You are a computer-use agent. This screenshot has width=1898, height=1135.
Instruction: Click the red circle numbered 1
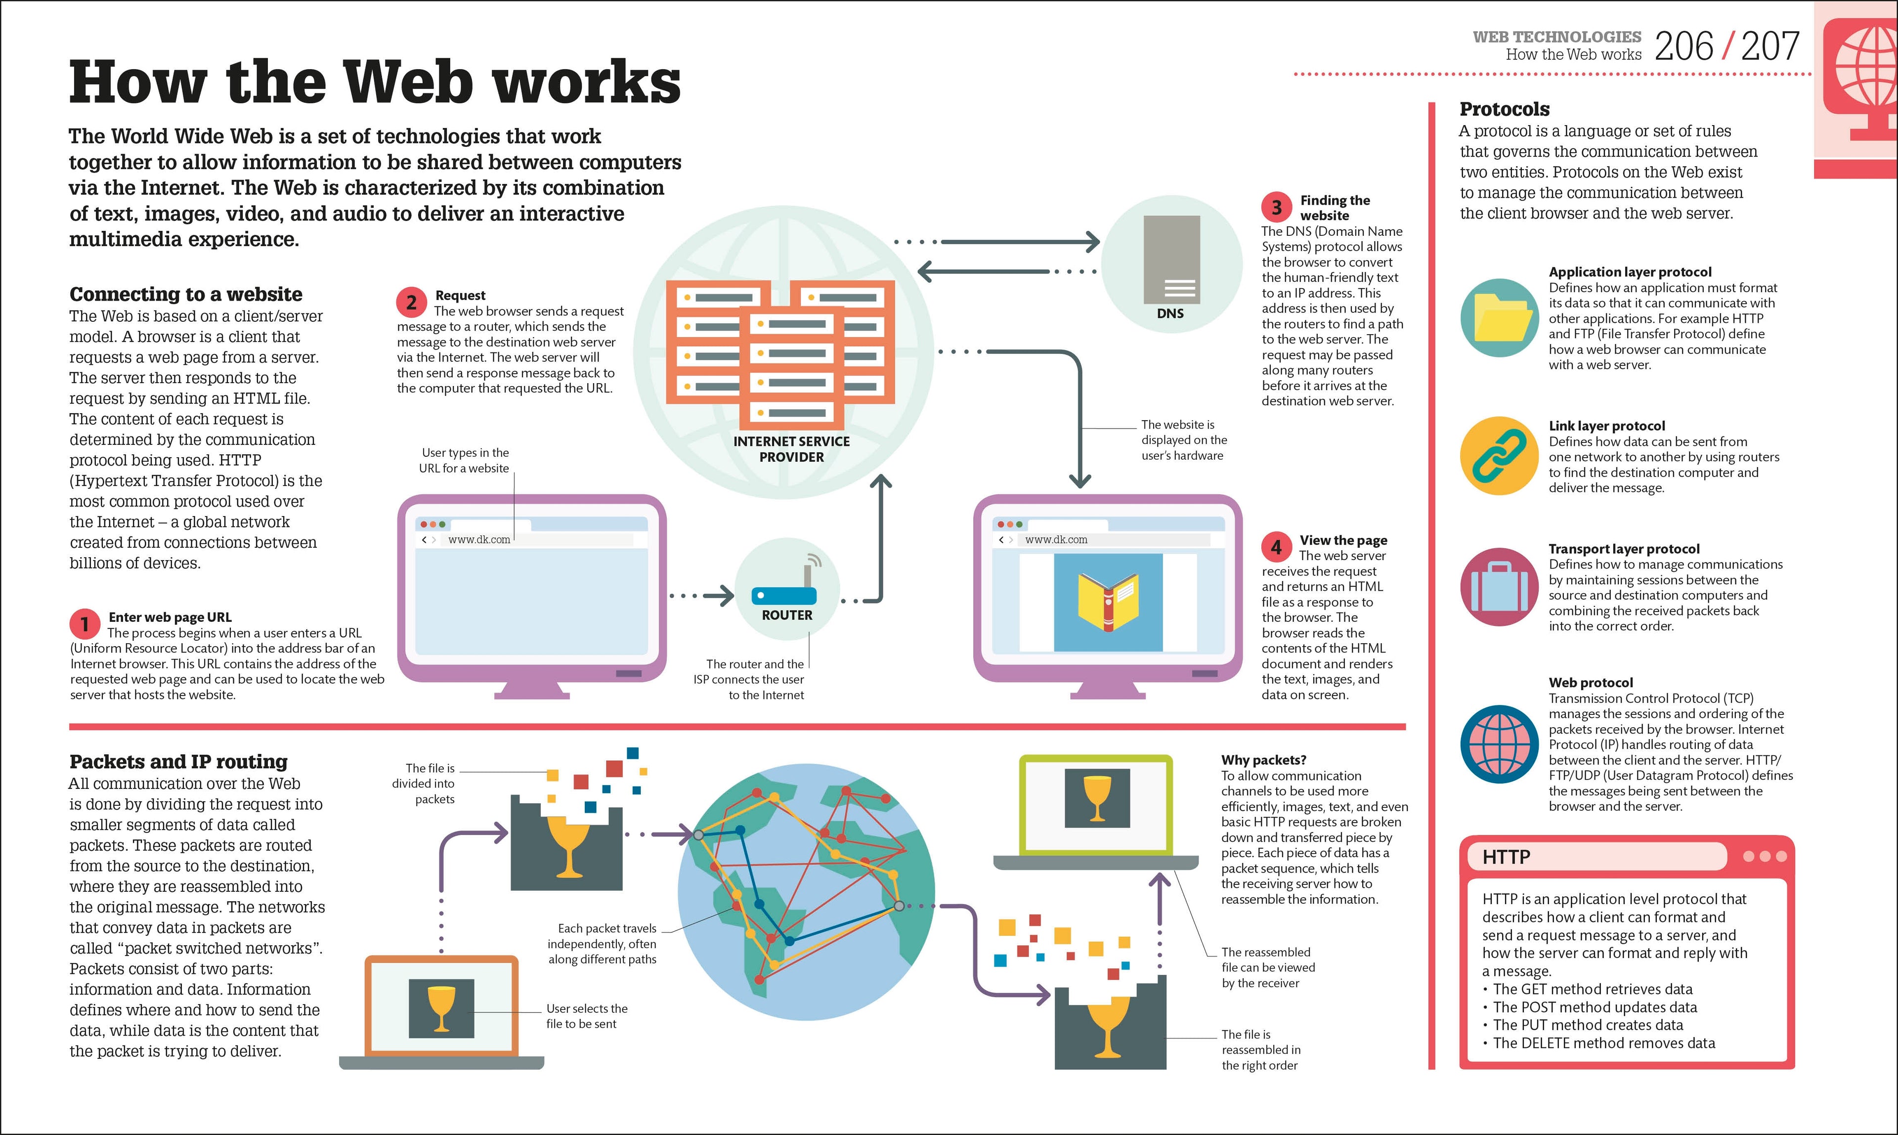pos(84,624)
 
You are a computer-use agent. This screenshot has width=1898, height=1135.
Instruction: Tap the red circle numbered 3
pos(1276,207)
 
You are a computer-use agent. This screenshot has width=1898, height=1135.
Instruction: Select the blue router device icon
pos(784,594)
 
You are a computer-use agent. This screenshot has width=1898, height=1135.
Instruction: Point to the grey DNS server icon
pos(1171,260)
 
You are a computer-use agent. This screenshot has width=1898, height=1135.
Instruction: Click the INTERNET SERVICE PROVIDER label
pos(791,449)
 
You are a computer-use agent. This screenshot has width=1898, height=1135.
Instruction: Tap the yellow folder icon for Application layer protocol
pos(1499,317)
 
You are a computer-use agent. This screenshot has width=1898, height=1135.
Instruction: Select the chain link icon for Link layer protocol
pos(1499,456)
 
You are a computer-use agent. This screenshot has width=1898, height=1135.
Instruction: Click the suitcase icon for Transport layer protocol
pos(1499,587)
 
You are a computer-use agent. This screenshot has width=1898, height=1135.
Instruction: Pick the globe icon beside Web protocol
pos(1499,743)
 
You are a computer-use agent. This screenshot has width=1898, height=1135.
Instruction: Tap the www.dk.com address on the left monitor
pos(479,540)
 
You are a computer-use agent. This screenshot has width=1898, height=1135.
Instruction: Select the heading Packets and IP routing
pos(178,762)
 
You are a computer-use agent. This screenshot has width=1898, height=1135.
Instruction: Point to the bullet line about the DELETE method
pos(1603,1043)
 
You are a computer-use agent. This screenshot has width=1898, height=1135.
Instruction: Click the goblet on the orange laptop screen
pos(441,1008)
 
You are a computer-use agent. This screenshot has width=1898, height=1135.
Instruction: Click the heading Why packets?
pos(1263,759)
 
